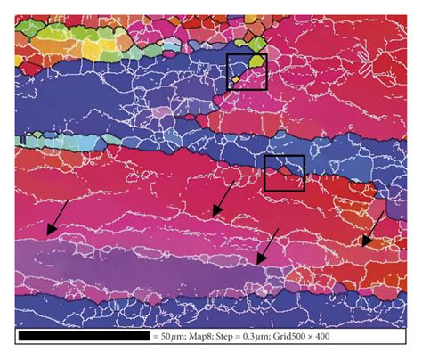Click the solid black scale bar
pyautogui.click(x=84, y=338)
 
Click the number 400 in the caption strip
pyautogui.click(x=390, y=338)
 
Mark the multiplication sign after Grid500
pyautogui.click(x=373, y=338)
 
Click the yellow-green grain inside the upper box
pyautogui.click(x=256, y=63)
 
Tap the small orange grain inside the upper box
pyautogui.click(x=235, y=79)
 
